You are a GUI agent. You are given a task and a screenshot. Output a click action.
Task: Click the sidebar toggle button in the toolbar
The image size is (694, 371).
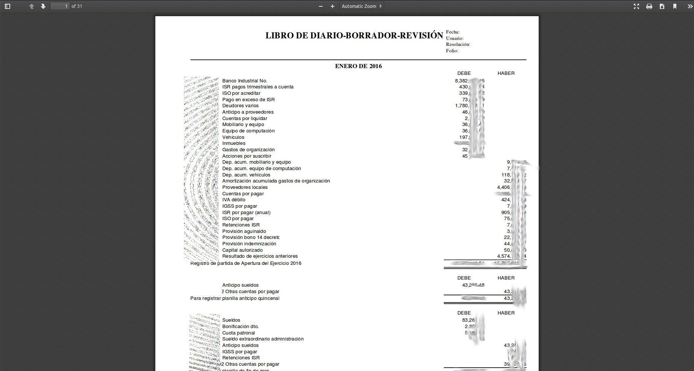[8, 6]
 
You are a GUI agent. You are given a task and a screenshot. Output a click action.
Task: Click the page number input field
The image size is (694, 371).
[60, 6]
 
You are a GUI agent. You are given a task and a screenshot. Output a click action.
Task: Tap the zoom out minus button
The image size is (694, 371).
[321, 6]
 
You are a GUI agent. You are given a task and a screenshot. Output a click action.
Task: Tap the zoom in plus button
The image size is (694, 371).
[333, 6]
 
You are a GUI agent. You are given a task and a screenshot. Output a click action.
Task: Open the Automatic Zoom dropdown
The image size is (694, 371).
[361, 6]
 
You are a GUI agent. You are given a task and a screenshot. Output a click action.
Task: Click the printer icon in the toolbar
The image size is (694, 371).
[649, 6]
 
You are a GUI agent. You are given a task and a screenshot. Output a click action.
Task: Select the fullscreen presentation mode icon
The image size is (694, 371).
[636, 6]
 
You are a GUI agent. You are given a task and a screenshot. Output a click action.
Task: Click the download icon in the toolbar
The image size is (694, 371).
[662, 6]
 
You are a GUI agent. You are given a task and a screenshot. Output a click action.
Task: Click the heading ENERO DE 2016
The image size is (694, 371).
[358, 66]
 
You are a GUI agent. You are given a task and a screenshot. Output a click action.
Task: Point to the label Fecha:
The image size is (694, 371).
[453, 32]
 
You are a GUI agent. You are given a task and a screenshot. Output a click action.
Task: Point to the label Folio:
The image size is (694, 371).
[452, 51]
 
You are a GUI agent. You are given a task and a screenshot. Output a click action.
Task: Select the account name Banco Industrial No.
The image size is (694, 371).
[244, 81]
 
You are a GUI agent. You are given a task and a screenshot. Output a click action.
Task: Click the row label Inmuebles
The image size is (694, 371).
[234, 143]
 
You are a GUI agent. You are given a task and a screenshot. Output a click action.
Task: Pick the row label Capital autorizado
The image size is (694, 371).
[242, 250]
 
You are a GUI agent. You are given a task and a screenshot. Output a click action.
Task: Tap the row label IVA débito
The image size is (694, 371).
[234, 200]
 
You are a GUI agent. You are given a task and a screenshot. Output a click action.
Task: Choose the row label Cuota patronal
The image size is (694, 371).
[238, 333]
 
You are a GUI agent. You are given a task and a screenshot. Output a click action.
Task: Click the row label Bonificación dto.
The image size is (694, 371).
[240, 327]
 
